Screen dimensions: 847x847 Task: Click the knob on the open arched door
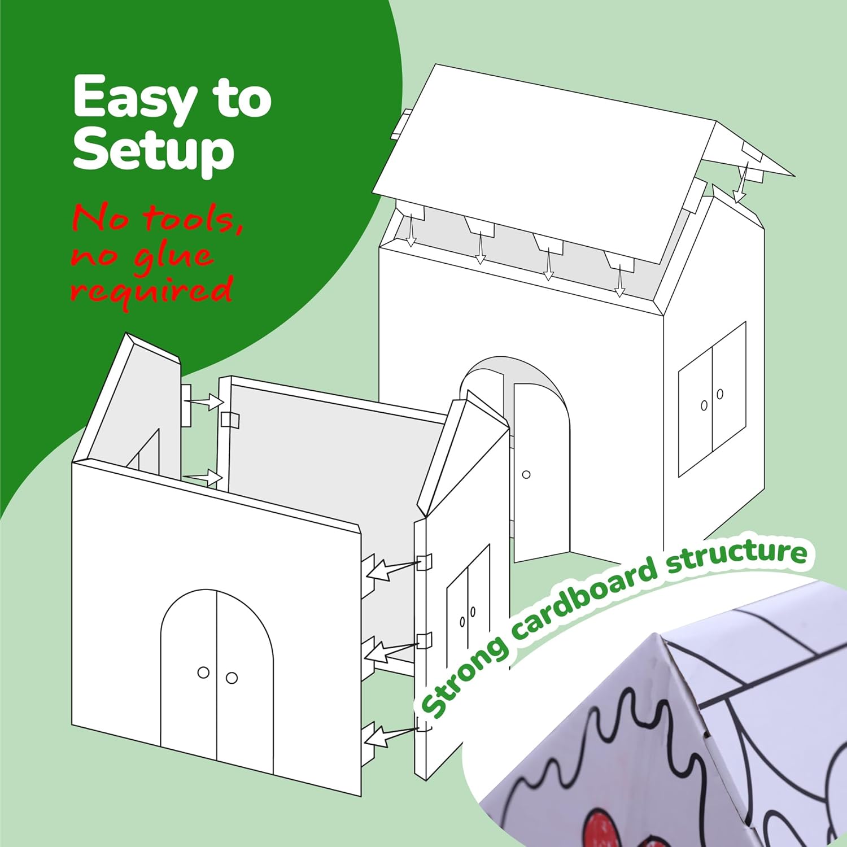click(526, 474)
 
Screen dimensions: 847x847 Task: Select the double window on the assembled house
click(713, 399)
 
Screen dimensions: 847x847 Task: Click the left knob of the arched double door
click(203, 673)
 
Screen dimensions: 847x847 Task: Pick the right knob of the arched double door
click(232, 678)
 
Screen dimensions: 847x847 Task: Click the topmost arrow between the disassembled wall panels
click(206, 401)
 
